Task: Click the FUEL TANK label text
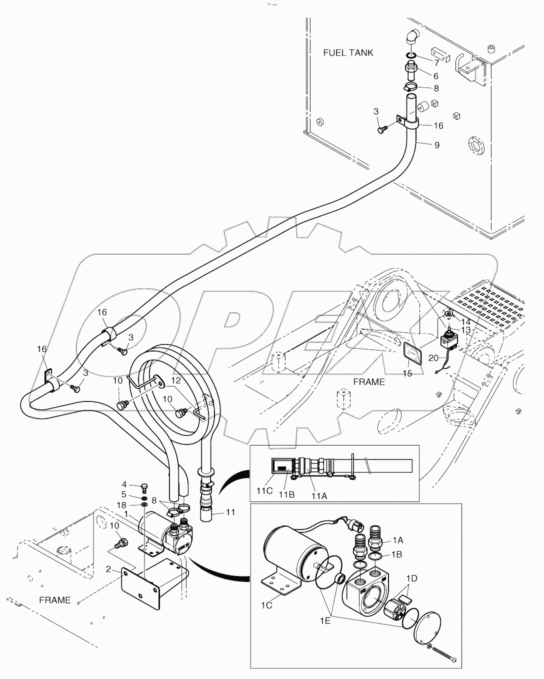(x=348, y=53)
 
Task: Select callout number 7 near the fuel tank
(x=436, y=63)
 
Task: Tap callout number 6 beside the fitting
(x=435, y=76)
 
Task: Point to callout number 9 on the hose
(x=436, y=145)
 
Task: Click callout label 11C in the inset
(x=264, y=491)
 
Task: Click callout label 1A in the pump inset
(x=397, y=540)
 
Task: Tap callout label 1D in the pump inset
(x=411, y=579)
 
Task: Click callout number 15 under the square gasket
(x=407, y=373)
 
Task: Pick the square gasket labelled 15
(x=412, y=355)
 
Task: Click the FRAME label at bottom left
(x=55, y=600)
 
